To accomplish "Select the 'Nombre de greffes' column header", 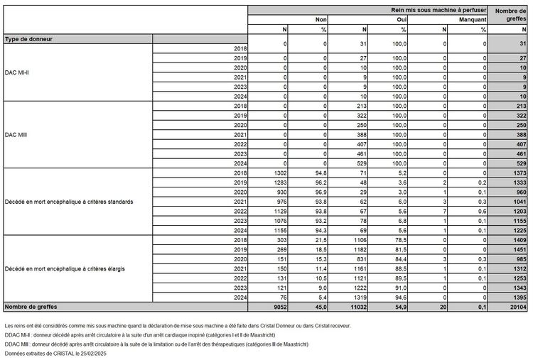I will pyautogui.click(x=510, y=14).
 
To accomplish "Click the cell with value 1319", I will pyautogui.click(x=359, y=298).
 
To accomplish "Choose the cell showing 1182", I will pyautogui.click(x=359, y=249).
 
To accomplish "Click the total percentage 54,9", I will pyautogui.click(x=400, y=307).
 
